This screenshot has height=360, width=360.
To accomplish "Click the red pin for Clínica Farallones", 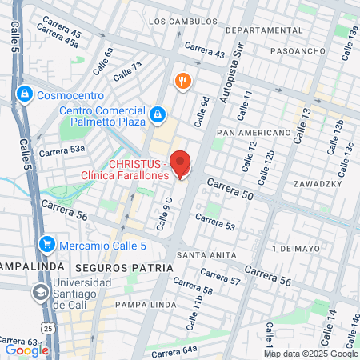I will (182, 164).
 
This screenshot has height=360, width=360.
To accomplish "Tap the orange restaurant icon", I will (183, 81).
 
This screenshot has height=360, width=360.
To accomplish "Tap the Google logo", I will (26, 350).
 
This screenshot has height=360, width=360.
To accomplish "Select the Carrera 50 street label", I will (230, 190).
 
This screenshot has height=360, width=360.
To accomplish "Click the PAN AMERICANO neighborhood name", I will (253, 132).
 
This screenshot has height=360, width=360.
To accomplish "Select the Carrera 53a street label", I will (62, 150).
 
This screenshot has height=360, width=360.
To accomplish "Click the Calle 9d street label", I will (203, 110).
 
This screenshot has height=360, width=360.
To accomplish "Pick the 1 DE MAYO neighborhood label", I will (295, 249).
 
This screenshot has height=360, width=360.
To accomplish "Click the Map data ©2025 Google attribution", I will (311, 354).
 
